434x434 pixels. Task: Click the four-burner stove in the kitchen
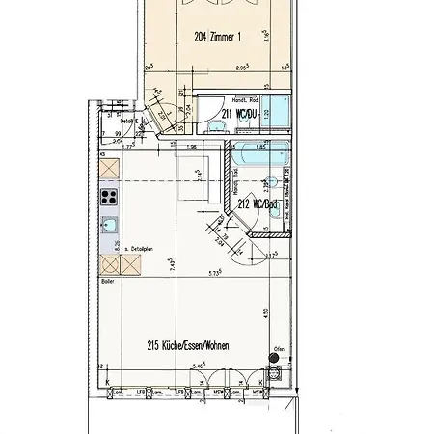(x=108, y=198)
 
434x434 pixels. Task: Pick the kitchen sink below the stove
(x=109, y=227)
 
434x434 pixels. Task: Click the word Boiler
(x=105, y=281)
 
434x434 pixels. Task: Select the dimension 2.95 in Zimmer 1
(x=220, y=69)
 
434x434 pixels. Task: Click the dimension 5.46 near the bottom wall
(x=200, y=366)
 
